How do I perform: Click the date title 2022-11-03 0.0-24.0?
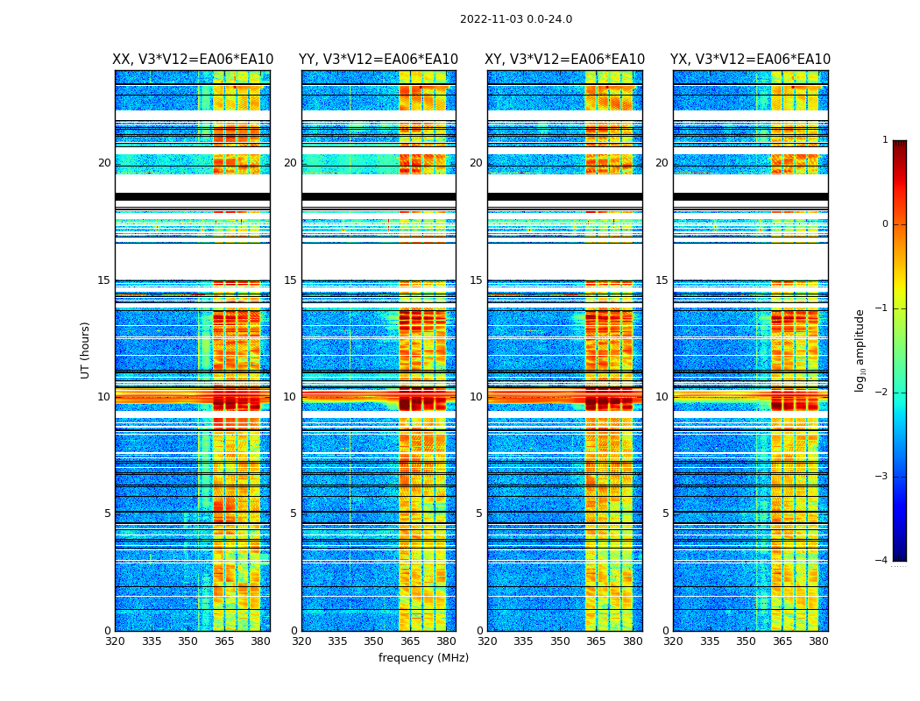point(516,19)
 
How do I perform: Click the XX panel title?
point(192,60)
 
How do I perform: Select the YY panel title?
point(379,60)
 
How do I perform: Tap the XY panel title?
point(564,60)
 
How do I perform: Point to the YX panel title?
point(750,60)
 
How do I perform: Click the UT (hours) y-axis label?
point(86,350)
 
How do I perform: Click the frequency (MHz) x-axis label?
point(423,658)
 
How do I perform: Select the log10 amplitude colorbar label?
point(860,350)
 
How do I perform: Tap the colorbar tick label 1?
point(885,140)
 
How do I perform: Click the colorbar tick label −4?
point(882,561)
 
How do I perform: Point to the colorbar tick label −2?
point(882,393)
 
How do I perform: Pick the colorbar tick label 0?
point(885,224)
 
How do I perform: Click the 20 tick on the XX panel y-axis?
point(104,163)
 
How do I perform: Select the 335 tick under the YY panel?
point(337,641)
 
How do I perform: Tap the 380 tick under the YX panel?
point(818,641)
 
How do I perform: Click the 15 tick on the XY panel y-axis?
point(476,280)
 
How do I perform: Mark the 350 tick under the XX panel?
point(188,641)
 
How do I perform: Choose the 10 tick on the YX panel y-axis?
point(662,397)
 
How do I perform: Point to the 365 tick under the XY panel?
point(596,641)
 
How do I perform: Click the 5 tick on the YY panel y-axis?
point(294,513)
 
